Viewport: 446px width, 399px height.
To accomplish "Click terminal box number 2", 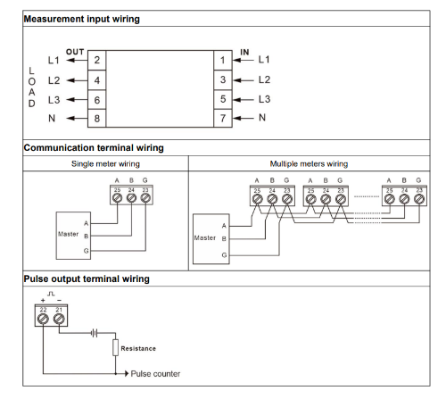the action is click(x=97, y=60).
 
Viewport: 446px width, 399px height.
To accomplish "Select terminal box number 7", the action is click(x=223, y=119).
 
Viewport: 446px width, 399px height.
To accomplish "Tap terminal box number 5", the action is click(x=223, y=99).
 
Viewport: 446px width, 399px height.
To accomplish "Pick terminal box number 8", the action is click(x=97, y=119).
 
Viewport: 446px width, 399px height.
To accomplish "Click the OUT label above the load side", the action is click(x=75, y=52).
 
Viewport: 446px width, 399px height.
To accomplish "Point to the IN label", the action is click(x=244, y=52).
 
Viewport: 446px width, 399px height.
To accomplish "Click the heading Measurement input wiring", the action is click(x=82, y=19).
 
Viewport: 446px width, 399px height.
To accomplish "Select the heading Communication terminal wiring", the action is click(x=94, y=148).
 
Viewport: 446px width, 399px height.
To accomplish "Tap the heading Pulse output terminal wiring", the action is click(x=87, y=279).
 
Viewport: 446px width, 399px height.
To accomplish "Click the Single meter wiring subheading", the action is click(x=105, y=164).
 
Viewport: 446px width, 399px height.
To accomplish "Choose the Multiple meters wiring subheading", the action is click(x=309, y=164).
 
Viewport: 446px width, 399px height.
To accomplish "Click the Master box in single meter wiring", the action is click(x=73, y=236).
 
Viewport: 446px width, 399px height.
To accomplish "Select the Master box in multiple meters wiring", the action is click(x=211, y=239).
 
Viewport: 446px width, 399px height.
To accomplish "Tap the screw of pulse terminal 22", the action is click(x=43, y=319).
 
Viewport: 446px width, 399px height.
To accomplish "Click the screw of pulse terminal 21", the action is click(x=59, y=319).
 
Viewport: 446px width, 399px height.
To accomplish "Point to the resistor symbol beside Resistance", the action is click(x=116, y=347).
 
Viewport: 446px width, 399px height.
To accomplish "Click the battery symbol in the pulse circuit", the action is click(x=95, y=333).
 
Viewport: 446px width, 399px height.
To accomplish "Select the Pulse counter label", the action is click(x=155, y=374).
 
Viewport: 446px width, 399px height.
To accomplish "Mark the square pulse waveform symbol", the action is click(x=51, y=294).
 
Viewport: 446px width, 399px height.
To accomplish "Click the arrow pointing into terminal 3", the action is click(x=244, y=80).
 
